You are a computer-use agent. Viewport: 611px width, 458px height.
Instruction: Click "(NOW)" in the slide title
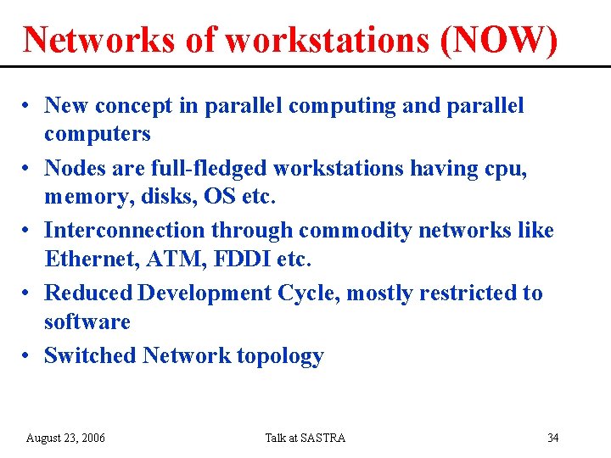[500, 40]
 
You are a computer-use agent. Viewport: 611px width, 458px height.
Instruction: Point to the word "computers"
[97, 134]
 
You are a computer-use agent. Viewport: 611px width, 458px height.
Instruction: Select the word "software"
[87, 321]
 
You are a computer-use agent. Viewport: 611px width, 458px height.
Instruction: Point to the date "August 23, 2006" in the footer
[66, 438]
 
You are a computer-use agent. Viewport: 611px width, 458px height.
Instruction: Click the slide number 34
[552, 438]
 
